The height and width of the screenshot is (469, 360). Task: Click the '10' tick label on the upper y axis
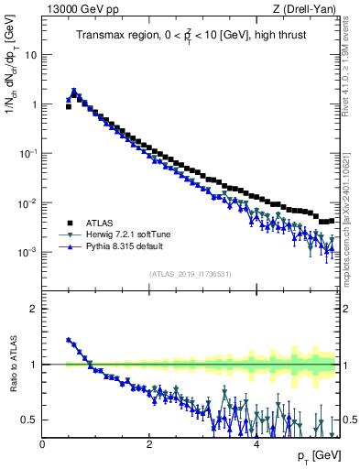tap(30, 54)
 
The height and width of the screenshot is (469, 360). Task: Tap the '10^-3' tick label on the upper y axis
tap(27, 251)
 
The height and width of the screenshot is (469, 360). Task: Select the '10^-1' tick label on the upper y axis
tap(27, 153)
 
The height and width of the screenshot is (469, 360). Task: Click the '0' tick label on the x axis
tap(42, 443)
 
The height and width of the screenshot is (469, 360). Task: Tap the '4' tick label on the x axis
tap(256, 443)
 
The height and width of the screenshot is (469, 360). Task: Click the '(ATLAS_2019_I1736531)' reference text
tap(191, 274)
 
